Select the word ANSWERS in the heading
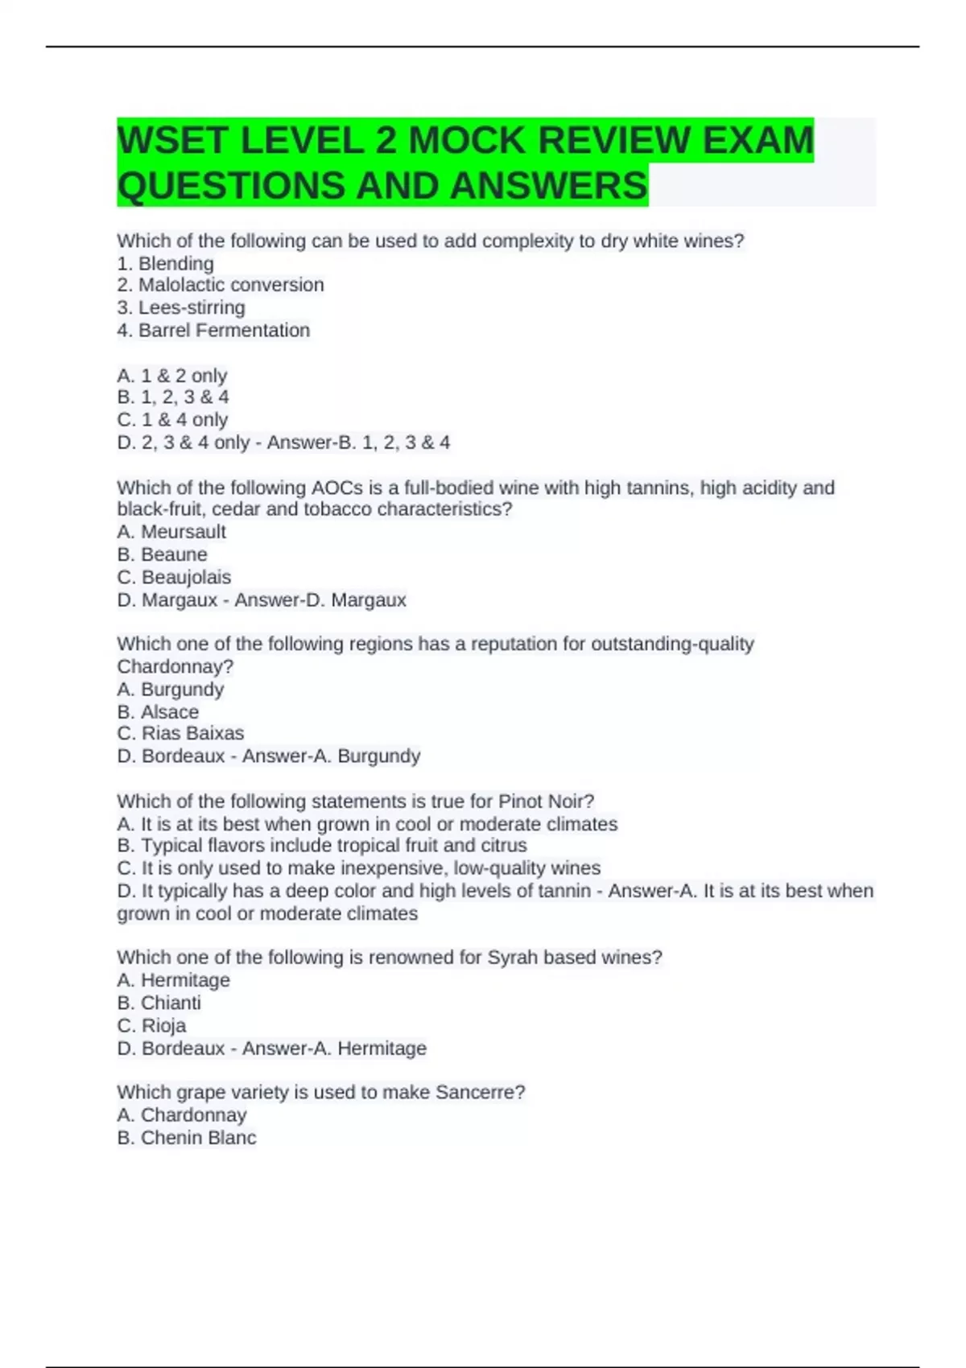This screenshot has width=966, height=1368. (x=549, y=186)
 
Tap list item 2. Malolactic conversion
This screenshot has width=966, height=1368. (x=221, y=285)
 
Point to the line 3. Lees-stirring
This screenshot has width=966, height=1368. (x=181, y=307)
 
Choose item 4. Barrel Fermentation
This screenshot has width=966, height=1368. (x=213, y=330)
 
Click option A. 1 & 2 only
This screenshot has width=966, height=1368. (x=172, y=375)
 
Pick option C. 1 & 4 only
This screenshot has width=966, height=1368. (x=172, y=420)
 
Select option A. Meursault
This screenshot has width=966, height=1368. (x=171, y=532)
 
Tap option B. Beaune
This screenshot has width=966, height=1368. (x=162, y=554)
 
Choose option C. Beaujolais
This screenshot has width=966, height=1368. (x=174, y=577)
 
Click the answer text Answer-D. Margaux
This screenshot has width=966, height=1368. (x=320, y=600)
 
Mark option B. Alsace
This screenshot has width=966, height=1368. (x=158, y=711)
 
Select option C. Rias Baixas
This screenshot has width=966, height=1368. (x=180, y=733)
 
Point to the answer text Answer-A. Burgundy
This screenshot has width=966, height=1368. (x=332, y=756)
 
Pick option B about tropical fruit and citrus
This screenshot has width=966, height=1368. (x=322, y=846)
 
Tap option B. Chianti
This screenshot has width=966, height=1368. (x=159, y=1003)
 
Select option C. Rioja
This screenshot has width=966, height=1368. (x=151, y=1025)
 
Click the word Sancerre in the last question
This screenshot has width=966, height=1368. (x=476, y=1092)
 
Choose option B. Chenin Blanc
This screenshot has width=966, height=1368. (x=187, y=1138)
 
